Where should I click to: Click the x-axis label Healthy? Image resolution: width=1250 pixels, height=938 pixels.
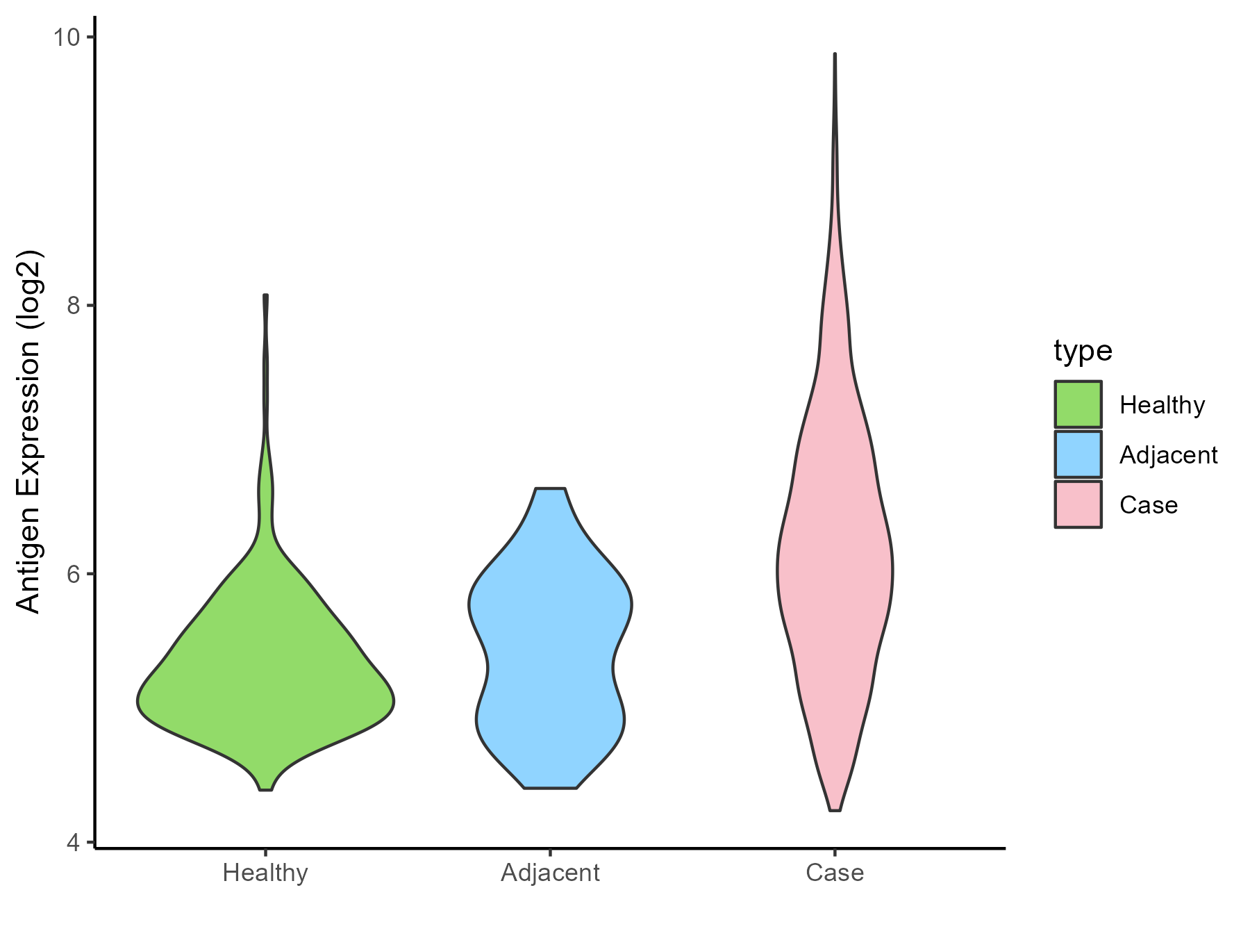point(265,873)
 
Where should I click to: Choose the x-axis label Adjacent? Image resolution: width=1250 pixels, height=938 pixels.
point(550,873)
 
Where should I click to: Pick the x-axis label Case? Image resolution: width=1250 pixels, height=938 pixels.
point(835,873)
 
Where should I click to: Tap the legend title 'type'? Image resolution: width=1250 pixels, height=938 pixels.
point(1083,351)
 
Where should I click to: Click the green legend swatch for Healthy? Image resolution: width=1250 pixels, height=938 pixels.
point(1078,404)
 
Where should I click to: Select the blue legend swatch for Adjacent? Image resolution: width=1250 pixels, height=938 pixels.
point(1078,454)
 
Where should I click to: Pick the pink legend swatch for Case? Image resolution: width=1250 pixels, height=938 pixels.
point(1078,504)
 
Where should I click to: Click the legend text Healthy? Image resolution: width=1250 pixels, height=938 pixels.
point(1162,404)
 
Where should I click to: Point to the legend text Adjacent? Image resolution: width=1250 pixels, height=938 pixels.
point(1168,454)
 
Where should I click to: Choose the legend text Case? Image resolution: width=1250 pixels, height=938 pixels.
point(1148,504)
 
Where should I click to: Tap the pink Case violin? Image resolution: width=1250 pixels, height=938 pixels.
point(835,556)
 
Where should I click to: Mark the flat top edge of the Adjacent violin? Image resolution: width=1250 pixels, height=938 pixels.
point(550,489)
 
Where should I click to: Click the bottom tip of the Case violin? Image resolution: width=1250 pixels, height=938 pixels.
point(835,809)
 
